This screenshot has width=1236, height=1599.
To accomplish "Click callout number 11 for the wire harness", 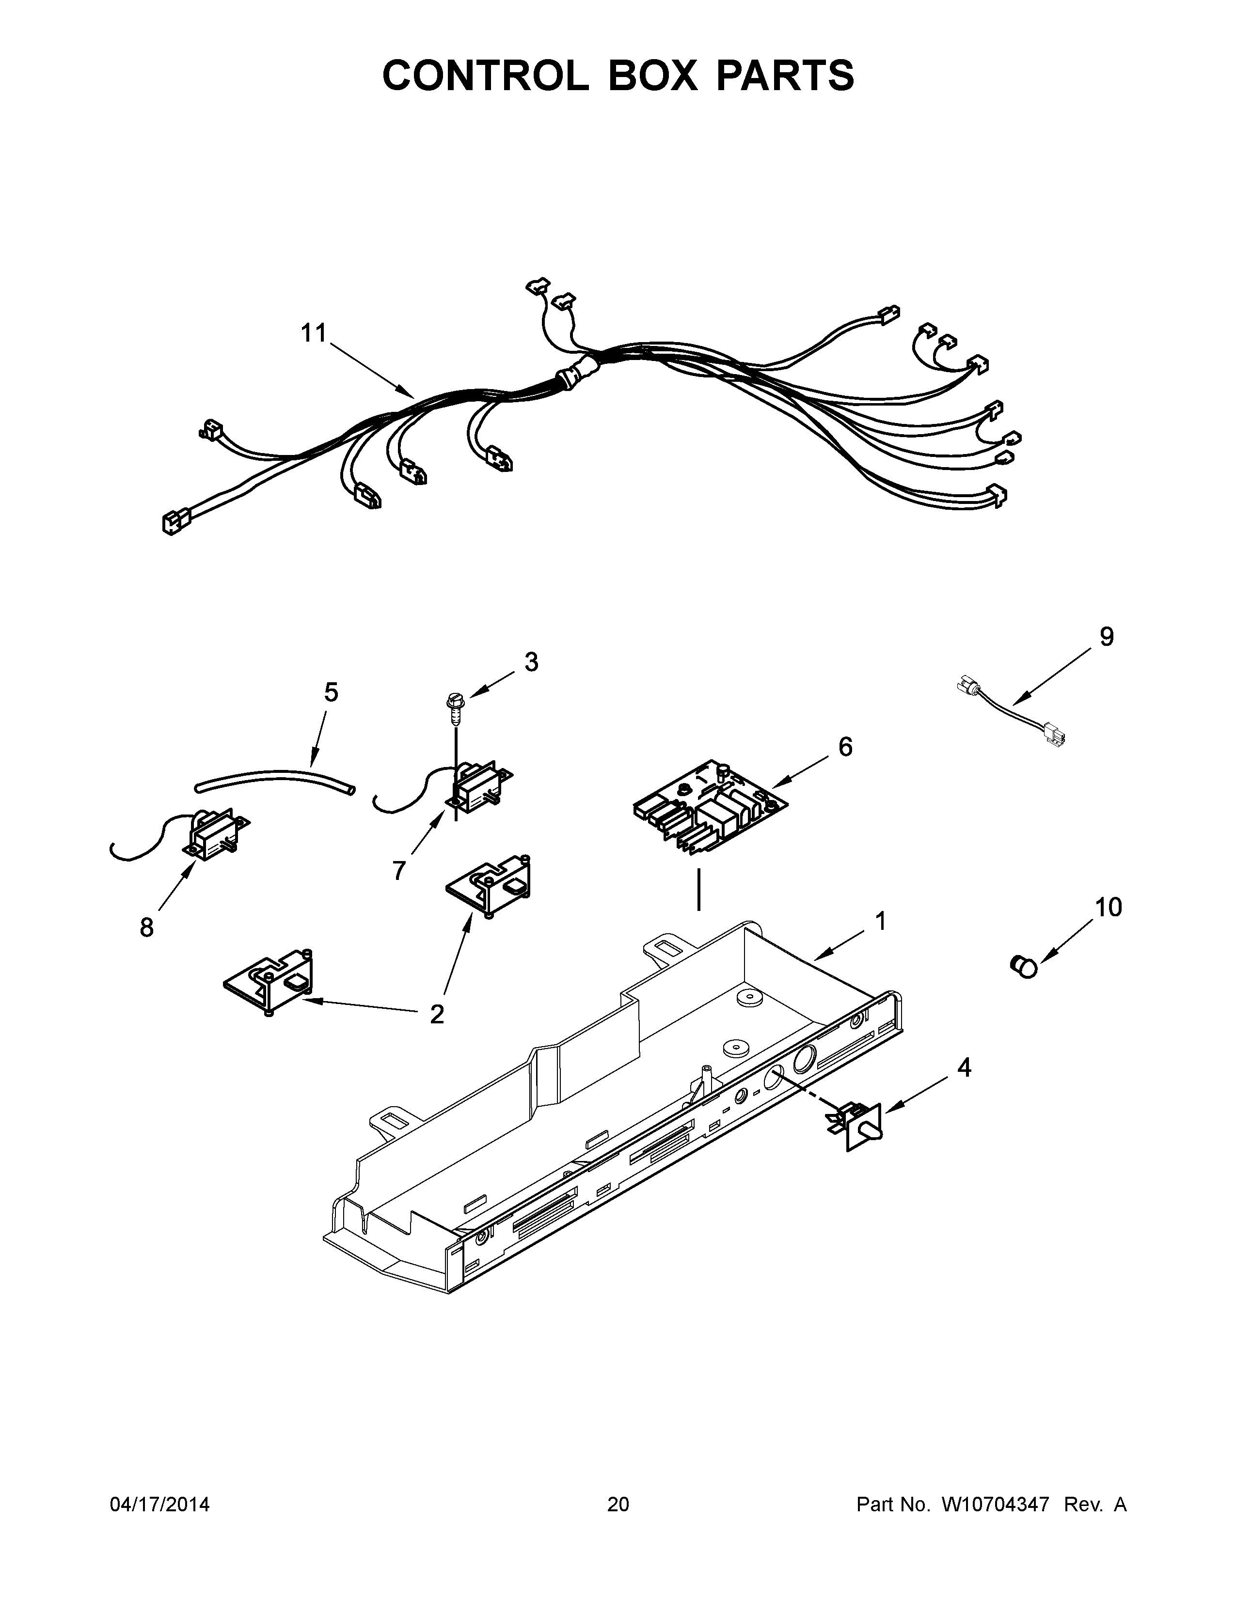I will click(314, 333).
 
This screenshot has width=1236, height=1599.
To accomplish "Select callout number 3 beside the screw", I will click(531, 662).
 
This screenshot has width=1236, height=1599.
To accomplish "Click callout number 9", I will click(1107, 637).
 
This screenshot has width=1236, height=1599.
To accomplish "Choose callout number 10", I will click(1108, 907).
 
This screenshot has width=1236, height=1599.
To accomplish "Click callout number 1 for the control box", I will click(881, 921).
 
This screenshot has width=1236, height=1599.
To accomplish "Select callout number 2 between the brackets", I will click(436, 1014).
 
